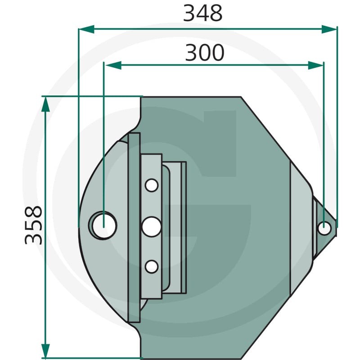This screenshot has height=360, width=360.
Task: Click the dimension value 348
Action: (202, 13)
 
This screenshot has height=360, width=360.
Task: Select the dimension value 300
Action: (205, 53)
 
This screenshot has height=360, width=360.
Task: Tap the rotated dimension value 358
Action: (34, 225)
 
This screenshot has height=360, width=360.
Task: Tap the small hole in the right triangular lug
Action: (324, 228)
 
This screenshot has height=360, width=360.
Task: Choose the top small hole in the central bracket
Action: (152, 185)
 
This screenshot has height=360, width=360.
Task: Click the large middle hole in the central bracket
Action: (152, 226)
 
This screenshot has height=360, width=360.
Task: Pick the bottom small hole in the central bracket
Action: (152, 267)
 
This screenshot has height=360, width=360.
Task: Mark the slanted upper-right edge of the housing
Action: (274, 139)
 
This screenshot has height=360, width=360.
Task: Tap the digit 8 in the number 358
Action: (34, 213)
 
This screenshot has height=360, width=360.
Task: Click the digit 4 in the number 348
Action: (202, 13)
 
